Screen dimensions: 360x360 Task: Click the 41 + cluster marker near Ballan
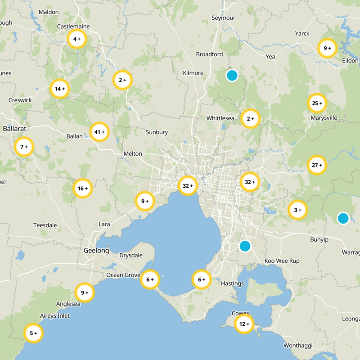click(99, 132)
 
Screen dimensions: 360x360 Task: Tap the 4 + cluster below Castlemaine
click(76, 39)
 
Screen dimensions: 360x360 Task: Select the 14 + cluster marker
click(60, 89)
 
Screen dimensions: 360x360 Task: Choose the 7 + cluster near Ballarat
click(24, 147)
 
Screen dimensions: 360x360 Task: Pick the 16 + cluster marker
click(83, 189)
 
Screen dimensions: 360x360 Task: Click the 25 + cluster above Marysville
click(317, 103)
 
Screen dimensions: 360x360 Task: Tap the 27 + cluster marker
click(317, 165)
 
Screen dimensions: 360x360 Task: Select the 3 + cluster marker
click(297, 210)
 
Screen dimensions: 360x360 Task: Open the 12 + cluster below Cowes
click(244, 324)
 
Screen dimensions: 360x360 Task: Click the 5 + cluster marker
click(34, 333)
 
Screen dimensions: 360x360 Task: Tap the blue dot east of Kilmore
click(232, 75)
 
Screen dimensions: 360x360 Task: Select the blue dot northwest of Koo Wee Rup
click(245, 246)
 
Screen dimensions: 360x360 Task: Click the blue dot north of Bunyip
click(343, 218)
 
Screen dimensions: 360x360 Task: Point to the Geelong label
click(96, 250)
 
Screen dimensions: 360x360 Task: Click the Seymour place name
click(223, 18)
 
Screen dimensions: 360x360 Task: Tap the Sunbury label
click(157, 132)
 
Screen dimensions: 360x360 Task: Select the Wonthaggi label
click(298, 346)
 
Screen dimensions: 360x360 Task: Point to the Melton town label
click(133, 153)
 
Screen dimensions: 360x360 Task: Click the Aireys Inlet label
click(55, 316)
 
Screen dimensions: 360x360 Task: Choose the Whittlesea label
click(220, 118)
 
